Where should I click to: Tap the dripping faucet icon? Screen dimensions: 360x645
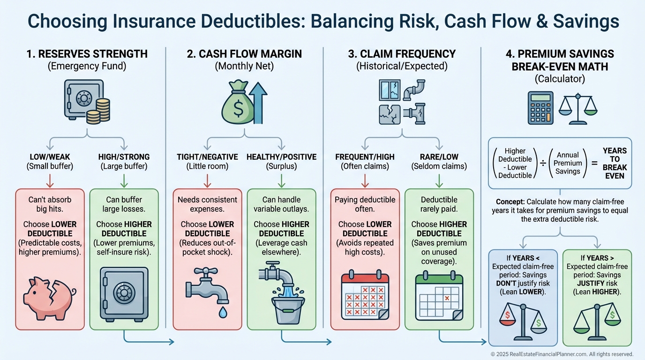pyautogui.click(x=207, y=285)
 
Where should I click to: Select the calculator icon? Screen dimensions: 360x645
pyautogui.click(x=540, y=108)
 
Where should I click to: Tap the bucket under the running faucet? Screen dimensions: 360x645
pyautogui.click(x=288, y=309)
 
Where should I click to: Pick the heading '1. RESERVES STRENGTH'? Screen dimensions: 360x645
pyautogui.click(x=87, y=54)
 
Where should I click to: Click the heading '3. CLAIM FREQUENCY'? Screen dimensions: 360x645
pyautogui.click(x=402, y=54)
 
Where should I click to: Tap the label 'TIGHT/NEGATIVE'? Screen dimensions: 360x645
pyautogui.click(x=207, y=157)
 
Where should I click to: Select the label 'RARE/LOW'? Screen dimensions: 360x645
pyautogui.click(x=439, y=157)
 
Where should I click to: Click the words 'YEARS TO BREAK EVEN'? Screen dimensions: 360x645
pyautogui.click(x=615, y=163)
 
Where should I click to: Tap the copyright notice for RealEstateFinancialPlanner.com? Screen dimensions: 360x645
pyautogui.click(x=562, y=354)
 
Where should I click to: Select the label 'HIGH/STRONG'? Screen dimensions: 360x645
pyautogui.click(x=124, y=157)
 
